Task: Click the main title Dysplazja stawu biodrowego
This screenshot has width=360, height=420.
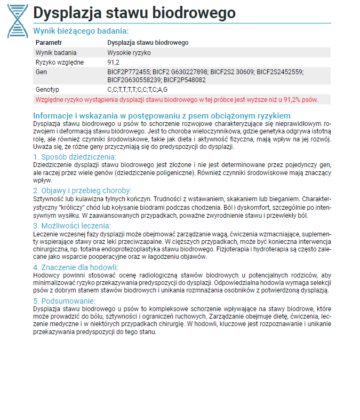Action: (x=134, y=13)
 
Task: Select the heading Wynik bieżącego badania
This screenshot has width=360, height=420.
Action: (x=81, y=31)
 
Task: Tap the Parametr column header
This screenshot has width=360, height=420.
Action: (x=49, y=43)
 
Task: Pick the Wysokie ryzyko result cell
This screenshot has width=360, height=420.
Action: (x=129, y=53)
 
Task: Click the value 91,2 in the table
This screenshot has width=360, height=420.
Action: (x=113, y=62)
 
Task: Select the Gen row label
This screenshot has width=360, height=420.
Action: (x=41, y=72)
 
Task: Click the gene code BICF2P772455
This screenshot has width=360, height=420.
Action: (x=129, y=72)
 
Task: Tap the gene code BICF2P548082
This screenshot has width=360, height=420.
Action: (x=186, y=79)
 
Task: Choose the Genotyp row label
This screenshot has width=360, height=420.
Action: (x=47, y=89)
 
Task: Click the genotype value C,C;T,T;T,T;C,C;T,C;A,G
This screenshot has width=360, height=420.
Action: (x=138, y=89)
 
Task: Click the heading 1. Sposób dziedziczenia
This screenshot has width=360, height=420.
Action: (x=74, y=157)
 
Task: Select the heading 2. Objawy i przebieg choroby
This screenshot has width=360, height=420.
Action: (x=82, y=191)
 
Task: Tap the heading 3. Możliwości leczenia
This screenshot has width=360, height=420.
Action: (x=72, y=226)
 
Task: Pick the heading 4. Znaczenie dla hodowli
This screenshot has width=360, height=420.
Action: (x=76, y=267)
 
